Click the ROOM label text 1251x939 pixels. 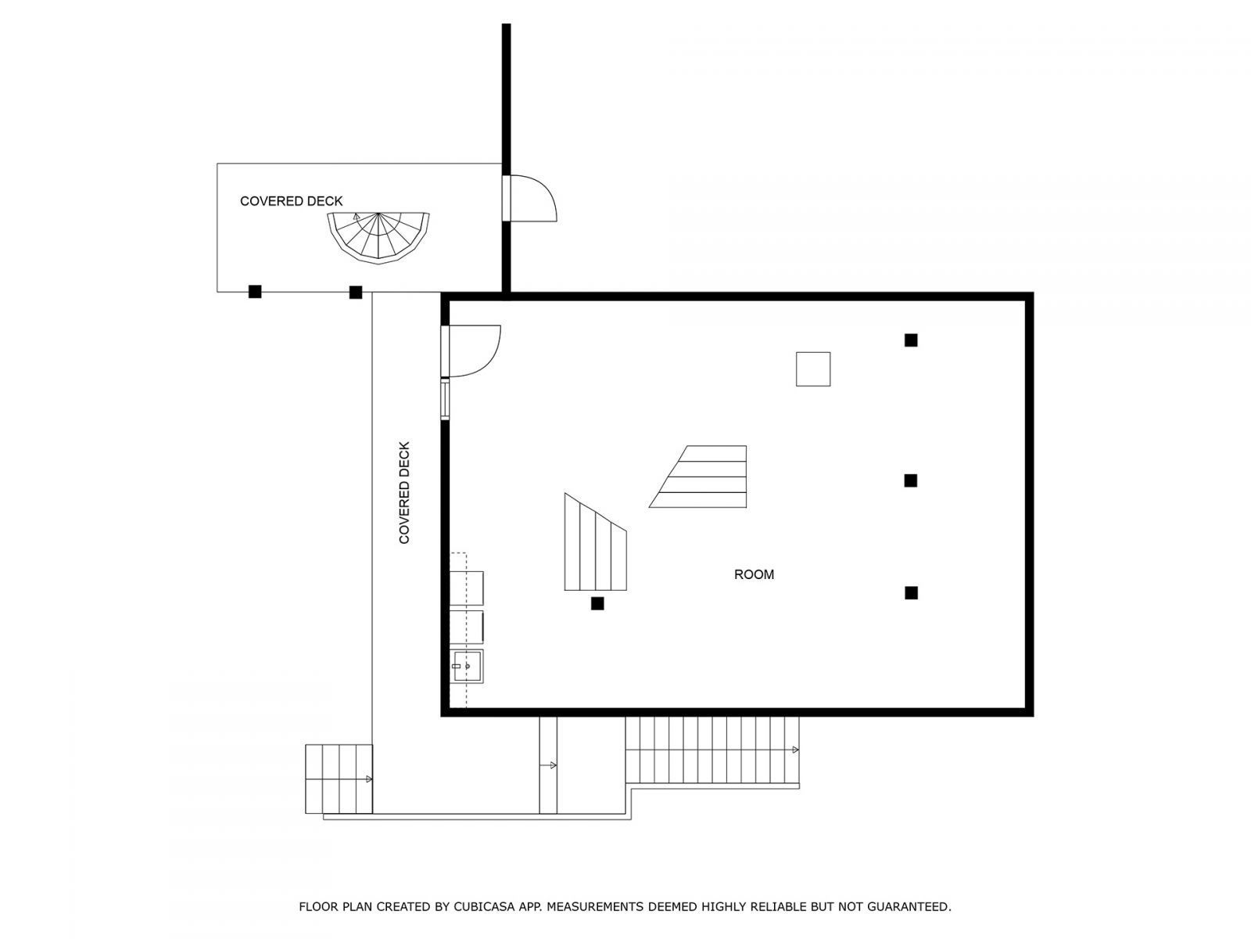(754, 574)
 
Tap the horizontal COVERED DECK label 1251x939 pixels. (291, 201)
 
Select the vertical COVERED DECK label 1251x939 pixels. (404, 493)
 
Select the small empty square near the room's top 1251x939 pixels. (813, 369)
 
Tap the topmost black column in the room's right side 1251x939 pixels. (911, 340)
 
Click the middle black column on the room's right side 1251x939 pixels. (911, 480)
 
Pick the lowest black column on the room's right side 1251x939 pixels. (911, 593)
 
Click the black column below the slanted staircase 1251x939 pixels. (597, 603)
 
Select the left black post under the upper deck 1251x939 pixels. (255, 292)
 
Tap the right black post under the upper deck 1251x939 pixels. (356, 292)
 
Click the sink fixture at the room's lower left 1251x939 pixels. (467, 666)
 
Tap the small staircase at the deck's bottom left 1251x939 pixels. (338, 779)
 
